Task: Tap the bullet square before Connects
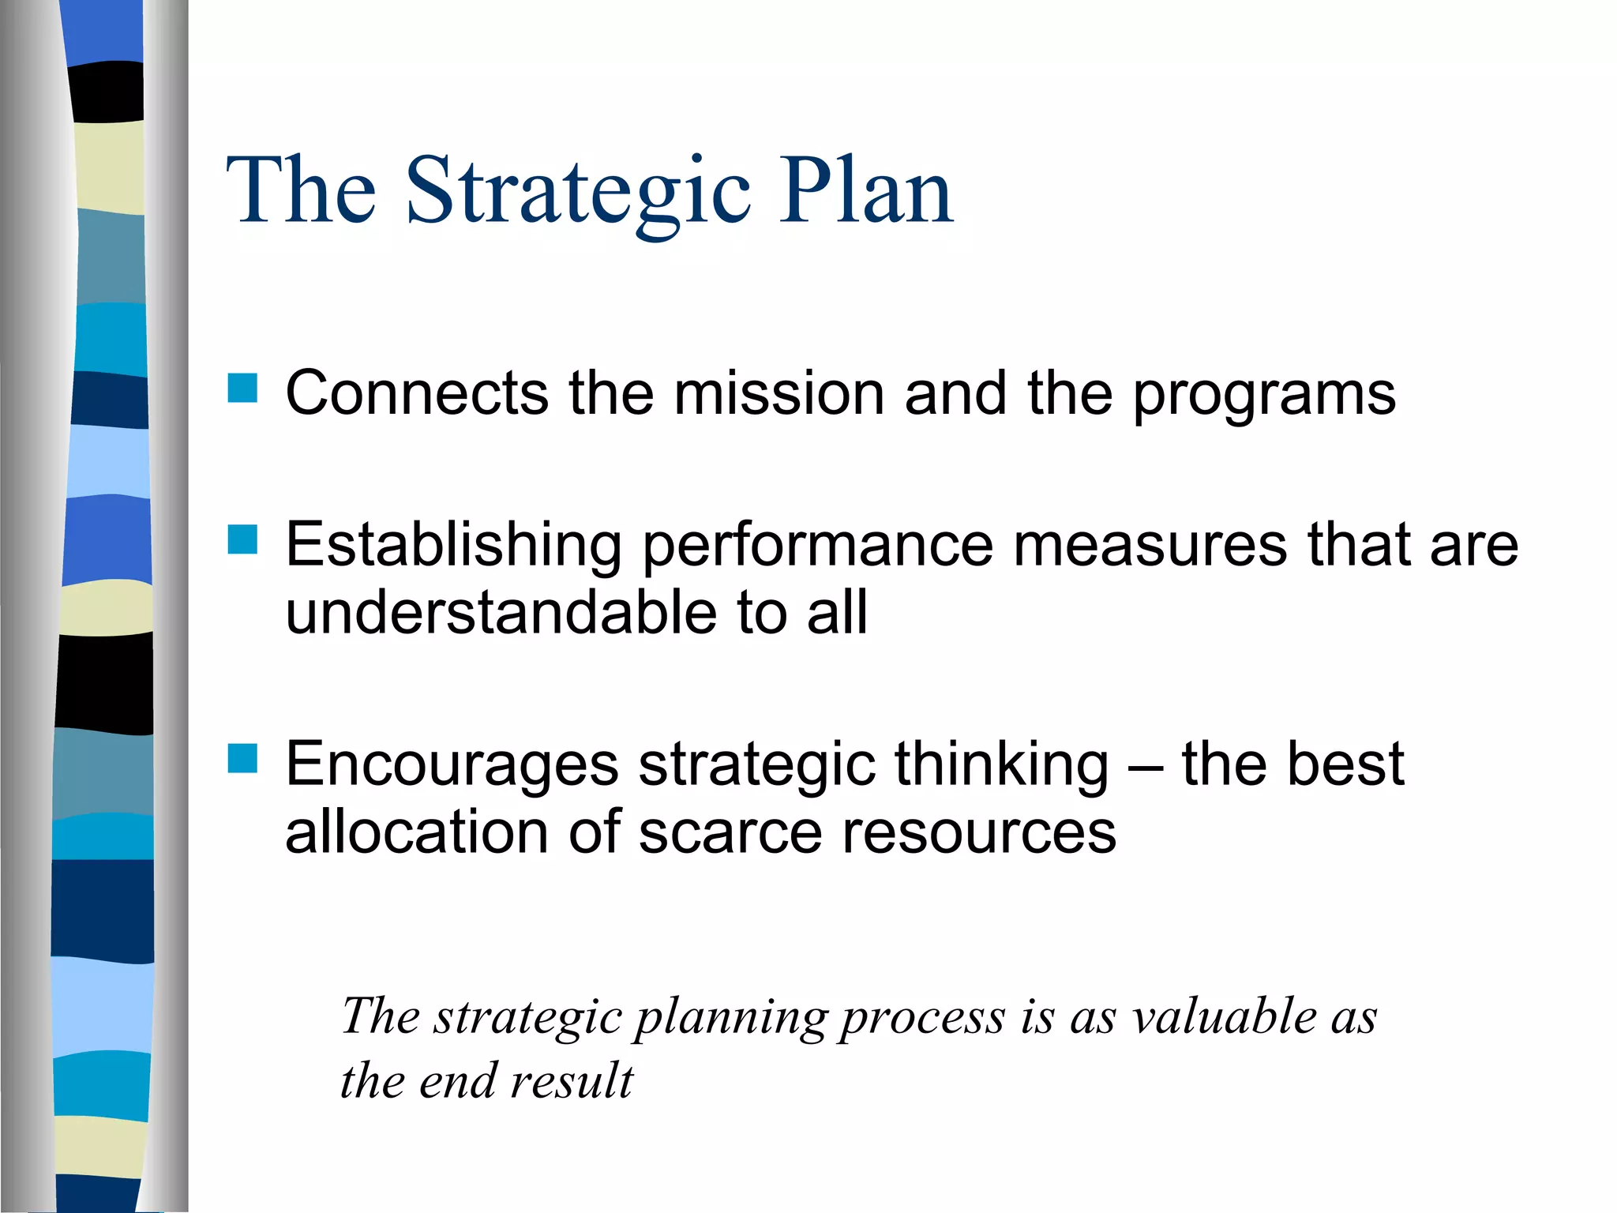coord(242,389)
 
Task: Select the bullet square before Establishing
coord(242,540)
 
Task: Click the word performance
coord(817,546)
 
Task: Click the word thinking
coord(1002,766)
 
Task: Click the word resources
coord(979,833)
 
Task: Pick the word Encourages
coord(452,766)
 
